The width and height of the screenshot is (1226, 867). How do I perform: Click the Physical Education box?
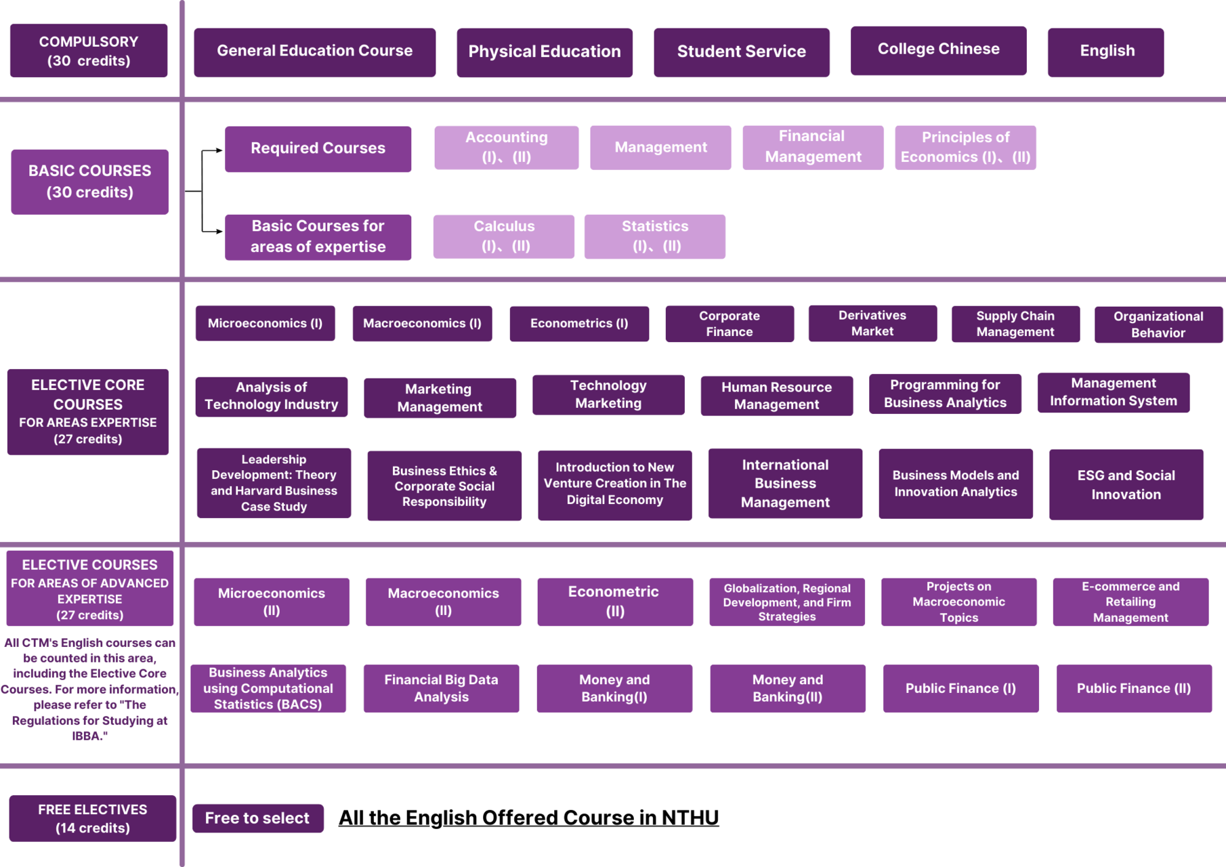[x=545, y=52]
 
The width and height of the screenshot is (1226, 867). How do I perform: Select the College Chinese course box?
[x=938, y=50]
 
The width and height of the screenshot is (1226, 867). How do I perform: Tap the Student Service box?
[x=741, y=52]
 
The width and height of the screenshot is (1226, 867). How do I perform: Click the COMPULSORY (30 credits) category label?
[x=89, y=51]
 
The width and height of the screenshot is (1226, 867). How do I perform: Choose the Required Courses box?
[x=318, y=149]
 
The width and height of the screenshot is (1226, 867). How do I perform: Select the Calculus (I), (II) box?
[x=504, y=236]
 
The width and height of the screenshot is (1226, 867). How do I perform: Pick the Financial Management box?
[x=813, y=147]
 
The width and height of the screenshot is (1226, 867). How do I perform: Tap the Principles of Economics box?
[x=965, y=147]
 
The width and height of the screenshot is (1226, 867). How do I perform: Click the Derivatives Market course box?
[x=872, y=323]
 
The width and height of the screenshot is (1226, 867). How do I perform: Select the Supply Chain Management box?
[x=1015, y=324]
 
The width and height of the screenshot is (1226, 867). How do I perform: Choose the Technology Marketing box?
[x=608, y=394]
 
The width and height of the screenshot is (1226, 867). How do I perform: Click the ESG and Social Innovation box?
[x=1126, y=484]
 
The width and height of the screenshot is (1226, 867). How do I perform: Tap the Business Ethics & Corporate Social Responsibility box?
[x=444, y=486]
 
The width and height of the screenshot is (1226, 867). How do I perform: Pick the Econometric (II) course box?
[x=615, y=601]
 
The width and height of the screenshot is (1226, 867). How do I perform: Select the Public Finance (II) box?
[x=1134, y=688]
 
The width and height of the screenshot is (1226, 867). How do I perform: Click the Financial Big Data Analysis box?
[x=441, y=688]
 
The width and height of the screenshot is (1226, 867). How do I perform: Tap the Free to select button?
[x=257, y=818]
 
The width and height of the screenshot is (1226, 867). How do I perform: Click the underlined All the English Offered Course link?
[x=528, y=818]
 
